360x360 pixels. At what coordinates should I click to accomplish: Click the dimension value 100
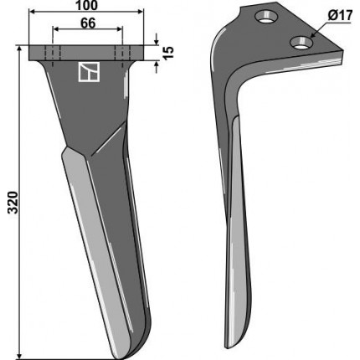(x=87, y=5)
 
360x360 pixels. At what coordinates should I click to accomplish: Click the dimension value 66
(x=88, y=23)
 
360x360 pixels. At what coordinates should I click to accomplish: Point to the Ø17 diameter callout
(x=340, y=16)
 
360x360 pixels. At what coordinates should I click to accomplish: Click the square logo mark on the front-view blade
(x=89, y=72)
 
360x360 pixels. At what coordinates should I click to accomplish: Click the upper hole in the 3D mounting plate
(x=267, y=17)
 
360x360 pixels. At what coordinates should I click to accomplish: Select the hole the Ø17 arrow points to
(x=301, y=43)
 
